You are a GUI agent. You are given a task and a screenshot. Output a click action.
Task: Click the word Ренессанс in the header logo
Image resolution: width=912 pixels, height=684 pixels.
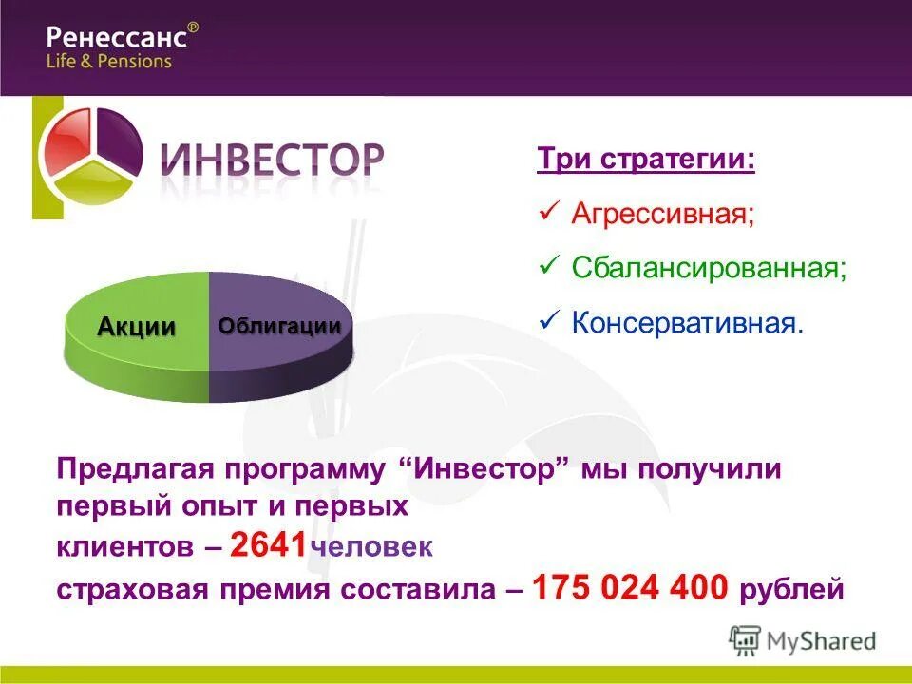(116, 39)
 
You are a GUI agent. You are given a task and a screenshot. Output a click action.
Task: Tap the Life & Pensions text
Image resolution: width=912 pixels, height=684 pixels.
(109, 61)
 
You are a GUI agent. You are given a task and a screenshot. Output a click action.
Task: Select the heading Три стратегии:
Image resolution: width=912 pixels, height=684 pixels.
(647, 159)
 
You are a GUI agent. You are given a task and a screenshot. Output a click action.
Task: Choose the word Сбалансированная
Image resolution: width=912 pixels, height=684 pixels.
(709, 267)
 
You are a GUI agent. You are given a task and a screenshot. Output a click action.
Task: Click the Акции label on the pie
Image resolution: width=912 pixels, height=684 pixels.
(137, 327)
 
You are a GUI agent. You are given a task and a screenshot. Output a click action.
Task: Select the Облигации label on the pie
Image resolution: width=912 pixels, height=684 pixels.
(279, 326)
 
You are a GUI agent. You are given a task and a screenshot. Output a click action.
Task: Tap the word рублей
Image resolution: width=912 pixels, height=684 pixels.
(791, 590)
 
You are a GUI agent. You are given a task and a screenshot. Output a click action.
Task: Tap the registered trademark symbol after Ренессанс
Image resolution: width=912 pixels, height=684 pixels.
(194, 28)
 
